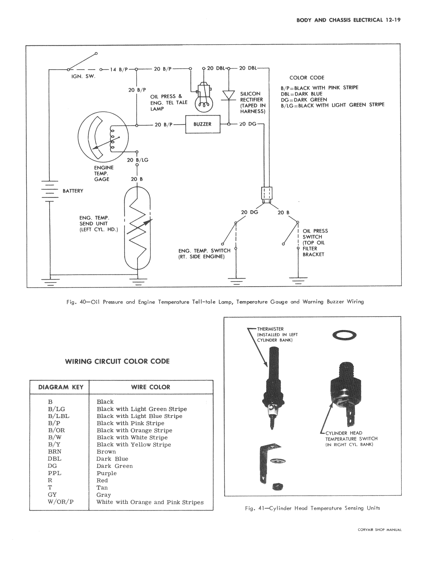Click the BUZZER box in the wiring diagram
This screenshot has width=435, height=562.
(203, 124)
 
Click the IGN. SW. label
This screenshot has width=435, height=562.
(83, 76)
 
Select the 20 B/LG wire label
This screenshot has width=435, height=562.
(138, 160)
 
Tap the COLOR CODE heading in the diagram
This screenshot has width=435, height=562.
(307, 78)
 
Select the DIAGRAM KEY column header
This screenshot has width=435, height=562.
(61, 387)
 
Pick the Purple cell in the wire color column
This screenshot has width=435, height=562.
(106, 473)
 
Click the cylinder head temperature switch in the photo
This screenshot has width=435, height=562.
(346, 394)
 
